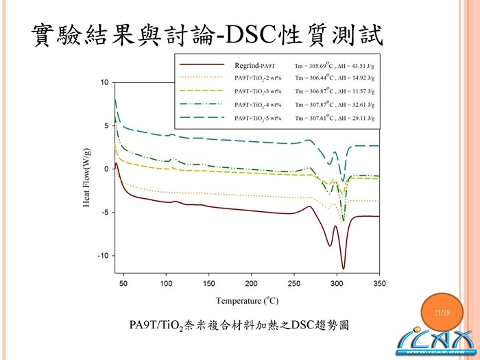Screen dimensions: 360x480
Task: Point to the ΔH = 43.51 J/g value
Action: click(357, 65)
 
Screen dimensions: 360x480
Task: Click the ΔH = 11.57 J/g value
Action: click(357, 91)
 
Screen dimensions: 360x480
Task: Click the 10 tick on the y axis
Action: click(104, 82)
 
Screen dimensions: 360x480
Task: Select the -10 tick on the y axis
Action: click(103, 256)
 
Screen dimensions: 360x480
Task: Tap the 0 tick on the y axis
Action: click(106, 169)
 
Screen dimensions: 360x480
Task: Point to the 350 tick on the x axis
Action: click(379, 284)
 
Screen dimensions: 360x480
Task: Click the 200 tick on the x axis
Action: click(252, 284)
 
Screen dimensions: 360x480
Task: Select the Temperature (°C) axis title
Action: click(248, 300)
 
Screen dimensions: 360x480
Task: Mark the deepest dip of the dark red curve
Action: click(344, 268)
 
